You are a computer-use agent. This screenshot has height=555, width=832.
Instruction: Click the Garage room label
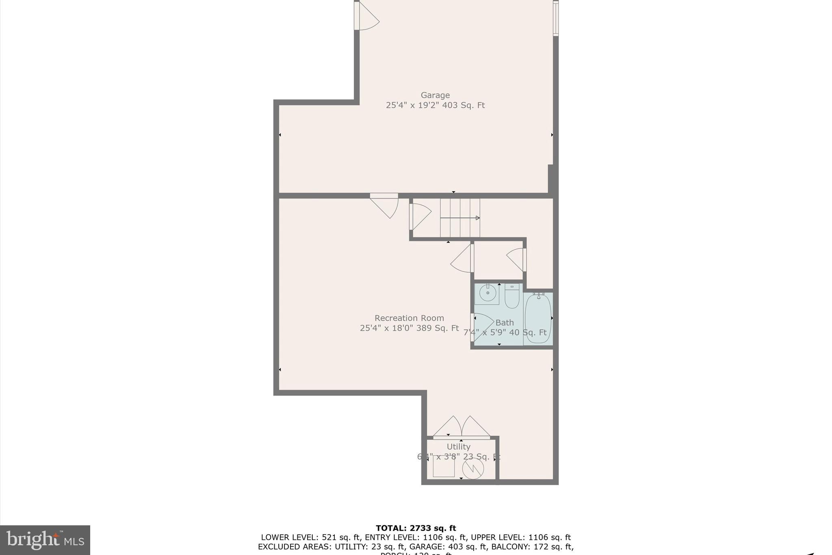[435, 95]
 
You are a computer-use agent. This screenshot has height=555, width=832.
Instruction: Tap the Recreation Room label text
[409, 318]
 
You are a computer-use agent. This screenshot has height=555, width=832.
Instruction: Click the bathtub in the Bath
[537, 319]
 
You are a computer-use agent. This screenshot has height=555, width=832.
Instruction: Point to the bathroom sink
[487, 293]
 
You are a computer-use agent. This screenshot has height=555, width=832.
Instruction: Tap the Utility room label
[458, 446]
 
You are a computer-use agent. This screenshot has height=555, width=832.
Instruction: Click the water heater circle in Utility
[473, 468]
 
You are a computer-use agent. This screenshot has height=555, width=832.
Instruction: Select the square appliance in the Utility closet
[444, 466]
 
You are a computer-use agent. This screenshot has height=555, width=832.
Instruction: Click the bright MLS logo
[45, 540]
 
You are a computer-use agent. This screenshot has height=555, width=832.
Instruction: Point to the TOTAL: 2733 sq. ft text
[416, 528]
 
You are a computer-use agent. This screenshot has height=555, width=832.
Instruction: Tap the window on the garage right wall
[555, 18]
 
